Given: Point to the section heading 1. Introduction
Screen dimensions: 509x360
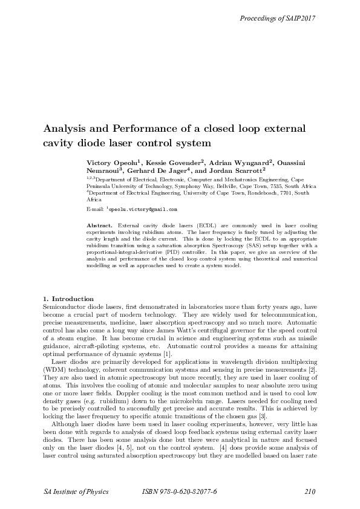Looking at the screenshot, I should [68, 299].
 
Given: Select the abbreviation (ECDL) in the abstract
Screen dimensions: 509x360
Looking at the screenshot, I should [195, 225].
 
